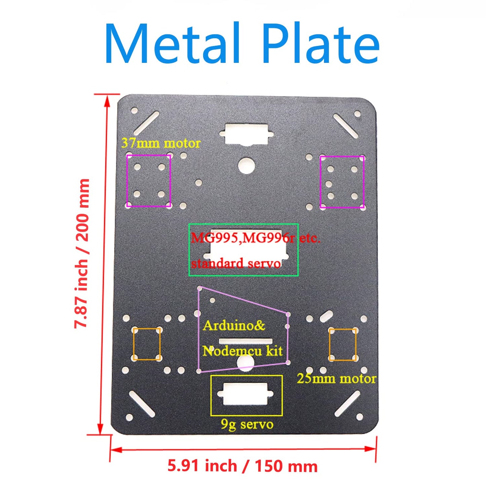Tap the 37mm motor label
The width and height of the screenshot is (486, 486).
point(161,143)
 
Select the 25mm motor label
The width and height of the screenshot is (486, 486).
point(336,379)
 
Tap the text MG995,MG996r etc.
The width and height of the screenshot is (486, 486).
point(256,238)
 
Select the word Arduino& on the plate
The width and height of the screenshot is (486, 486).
point(234,325)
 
